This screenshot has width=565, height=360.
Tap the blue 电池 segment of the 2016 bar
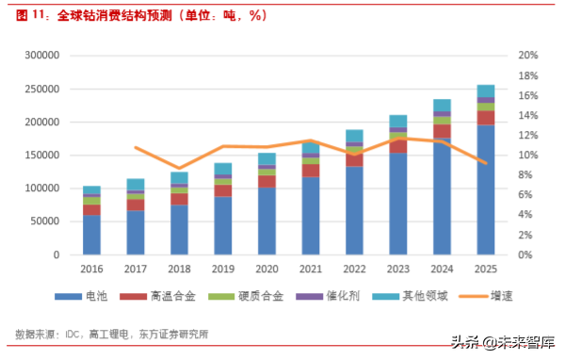point(91,235)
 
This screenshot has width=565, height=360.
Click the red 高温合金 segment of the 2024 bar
point(442,131)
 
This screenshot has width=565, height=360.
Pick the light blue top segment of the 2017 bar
point(136,184)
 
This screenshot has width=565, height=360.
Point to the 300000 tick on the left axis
point(42,56)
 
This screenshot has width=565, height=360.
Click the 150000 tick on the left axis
point(42,155)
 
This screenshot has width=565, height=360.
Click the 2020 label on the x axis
point(266,269)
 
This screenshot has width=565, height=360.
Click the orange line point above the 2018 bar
point(179,168)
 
